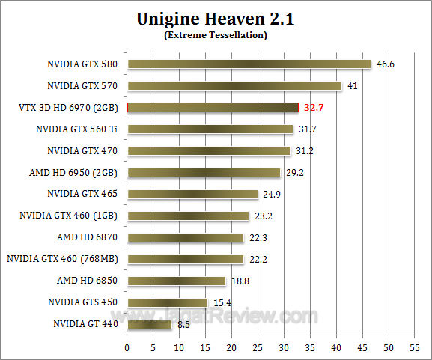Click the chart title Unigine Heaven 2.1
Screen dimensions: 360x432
(x=216, y=19)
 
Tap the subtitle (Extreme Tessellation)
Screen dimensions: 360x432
(x=216, y=35)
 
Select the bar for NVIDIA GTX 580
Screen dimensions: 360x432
(x=249, y=64)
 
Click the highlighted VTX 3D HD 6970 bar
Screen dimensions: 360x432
(x=213, y=108)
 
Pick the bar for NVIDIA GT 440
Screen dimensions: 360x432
(x=150, y=325)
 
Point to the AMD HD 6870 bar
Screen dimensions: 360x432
(x=186, y=238)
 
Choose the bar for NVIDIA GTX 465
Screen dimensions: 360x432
(x=192, y=195)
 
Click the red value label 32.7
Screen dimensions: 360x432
(x=313, y=108)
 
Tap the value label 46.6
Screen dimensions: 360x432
(x=385, y=64)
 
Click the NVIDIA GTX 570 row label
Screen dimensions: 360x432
(x=82, y=86)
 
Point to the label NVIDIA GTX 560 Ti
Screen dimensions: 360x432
(x=77, y=129)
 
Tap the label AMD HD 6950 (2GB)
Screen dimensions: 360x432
(x=74, y=173)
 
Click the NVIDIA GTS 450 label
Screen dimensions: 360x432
(x=82, y=303)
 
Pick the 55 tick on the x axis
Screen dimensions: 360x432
(x=415, y=349)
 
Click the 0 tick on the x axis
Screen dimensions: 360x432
(x=127, y=349)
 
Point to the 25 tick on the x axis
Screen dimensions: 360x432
(x=258, y=349)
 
